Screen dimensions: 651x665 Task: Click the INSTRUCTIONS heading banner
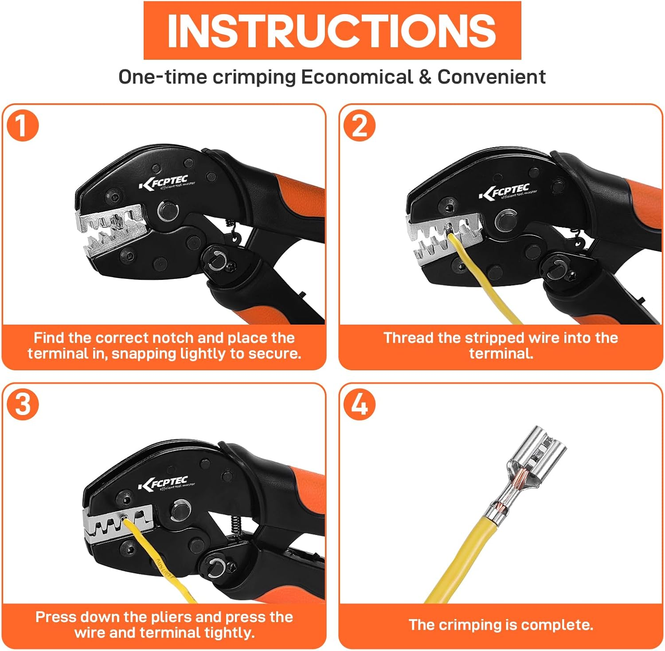pyautogui.click(x=332, y=30)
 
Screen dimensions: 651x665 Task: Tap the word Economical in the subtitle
pyautogui.click(x=357, y=77)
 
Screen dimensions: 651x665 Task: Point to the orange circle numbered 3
pyautogui.click(x=23, y=404)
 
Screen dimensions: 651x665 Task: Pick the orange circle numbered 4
pyautogui.click(x=360, y=404)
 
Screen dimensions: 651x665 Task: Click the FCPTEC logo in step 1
pyautogui.click(x=166, y=182)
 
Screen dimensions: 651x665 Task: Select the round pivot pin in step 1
pyautogui.click(x=168, y=210)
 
